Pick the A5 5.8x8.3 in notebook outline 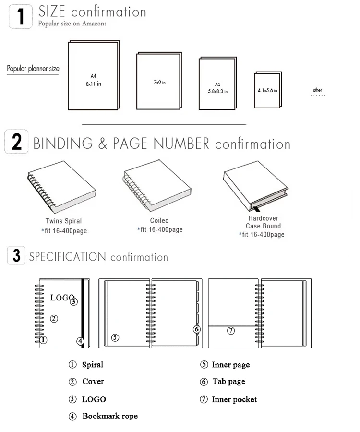[x=217, y=84]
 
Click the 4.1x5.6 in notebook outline [x=267, y=89]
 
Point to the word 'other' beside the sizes [x=317, y=90]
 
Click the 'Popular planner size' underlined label [x=33, y=69]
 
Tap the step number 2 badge [x=16, y=143]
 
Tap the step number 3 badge [x=16, y=255]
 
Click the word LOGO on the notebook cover [x=62, y=298]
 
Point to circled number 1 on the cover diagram [x=43, y=340]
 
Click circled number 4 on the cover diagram [x=80, y=341]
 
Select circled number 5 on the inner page [x=115, y=337]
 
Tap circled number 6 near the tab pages [x=196, y=329]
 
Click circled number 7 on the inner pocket [x=230, y=330]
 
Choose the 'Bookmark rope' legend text [x=109, y=416]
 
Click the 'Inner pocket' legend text [x=234, y=399]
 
